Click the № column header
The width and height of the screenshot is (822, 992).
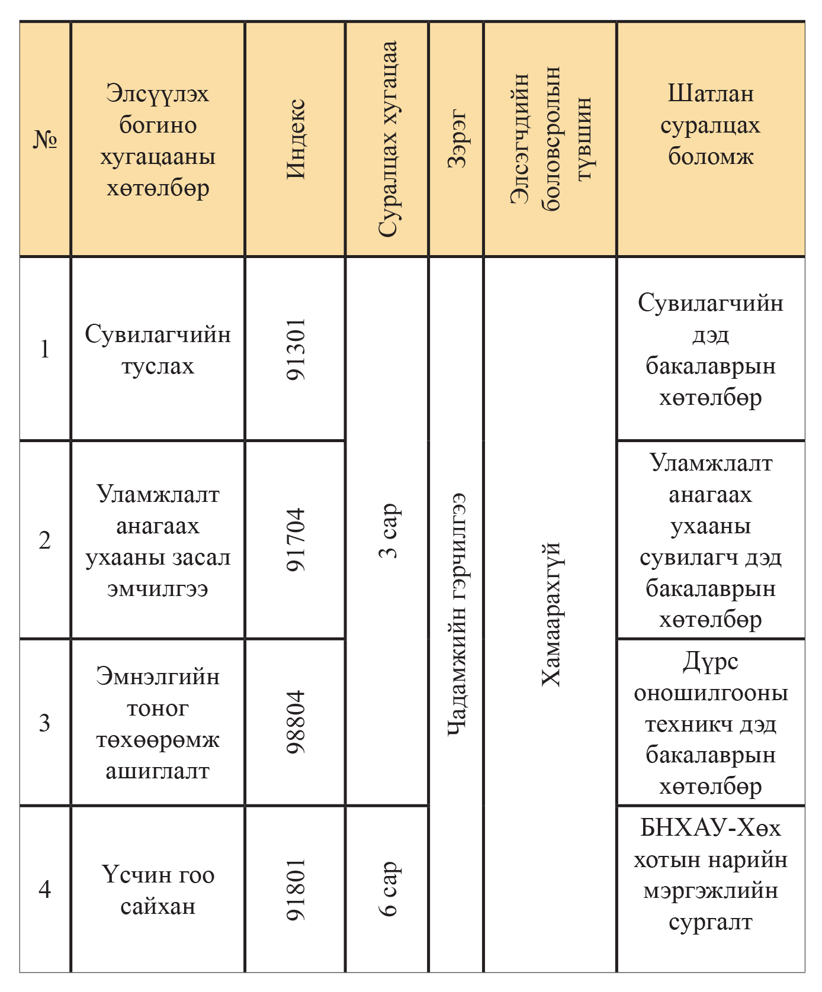click(45, 140)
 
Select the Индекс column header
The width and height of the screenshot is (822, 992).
click(296, 140)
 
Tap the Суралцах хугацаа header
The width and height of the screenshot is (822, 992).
click(387, 140)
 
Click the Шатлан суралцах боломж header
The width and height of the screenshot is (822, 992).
click(711, 125)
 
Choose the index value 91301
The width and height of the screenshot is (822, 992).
click(296, 349)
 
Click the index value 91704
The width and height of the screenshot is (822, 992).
click(296, 539)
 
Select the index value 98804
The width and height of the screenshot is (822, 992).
click(296, 722)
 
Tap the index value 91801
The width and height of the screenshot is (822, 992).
click(296, 890)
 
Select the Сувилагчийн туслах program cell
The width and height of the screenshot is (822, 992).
click(158, 350)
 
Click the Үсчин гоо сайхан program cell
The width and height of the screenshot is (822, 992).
click(158, 890)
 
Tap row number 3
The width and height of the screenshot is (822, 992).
click(45, 723)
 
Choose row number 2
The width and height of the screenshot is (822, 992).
click(45, 540)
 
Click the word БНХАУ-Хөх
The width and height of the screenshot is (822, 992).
click(711, 828)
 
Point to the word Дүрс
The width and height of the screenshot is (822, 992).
click(711, 662)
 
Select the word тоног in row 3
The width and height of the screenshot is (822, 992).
click(158, 708)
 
